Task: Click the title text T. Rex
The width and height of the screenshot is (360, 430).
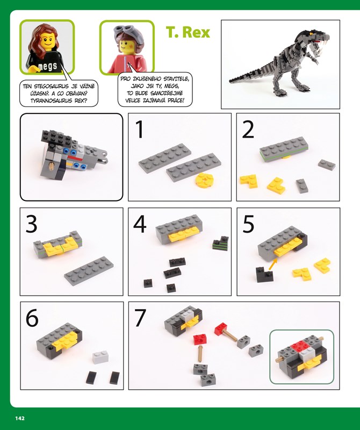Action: (188, 32)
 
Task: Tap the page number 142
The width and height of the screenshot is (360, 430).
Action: (20, 418)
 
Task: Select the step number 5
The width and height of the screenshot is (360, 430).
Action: (248, 224)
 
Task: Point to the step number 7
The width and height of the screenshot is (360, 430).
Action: (140, 318)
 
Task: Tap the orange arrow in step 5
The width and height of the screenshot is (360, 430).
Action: (272, 264)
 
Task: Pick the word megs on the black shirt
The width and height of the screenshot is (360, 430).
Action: (47, 66)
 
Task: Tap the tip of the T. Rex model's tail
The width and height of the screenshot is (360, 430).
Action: (230, 81)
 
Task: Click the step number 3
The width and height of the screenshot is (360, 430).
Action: (31, 224)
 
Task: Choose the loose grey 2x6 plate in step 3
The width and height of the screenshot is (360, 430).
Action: (89, 271)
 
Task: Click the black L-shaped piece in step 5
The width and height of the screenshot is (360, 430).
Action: (264, 275)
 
